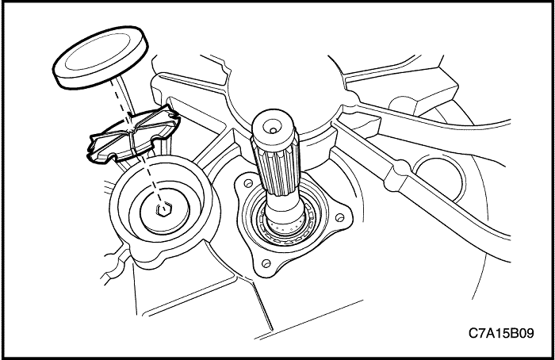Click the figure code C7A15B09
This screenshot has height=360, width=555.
501,333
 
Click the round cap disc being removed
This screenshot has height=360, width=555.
101,56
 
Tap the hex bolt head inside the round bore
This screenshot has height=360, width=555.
164,209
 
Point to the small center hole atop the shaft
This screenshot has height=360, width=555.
273,130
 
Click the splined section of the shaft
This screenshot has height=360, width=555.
275,167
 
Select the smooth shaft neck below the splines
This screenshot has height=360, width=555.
285,209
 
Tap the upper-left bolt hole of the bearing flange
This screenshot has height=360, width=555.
248,183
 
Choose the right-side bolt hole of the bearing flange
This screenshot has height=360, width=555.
339,216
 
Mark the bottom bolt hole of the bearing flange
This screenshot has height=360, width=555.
266,263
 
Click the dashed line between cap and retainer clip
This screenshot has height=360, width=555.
119,98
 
